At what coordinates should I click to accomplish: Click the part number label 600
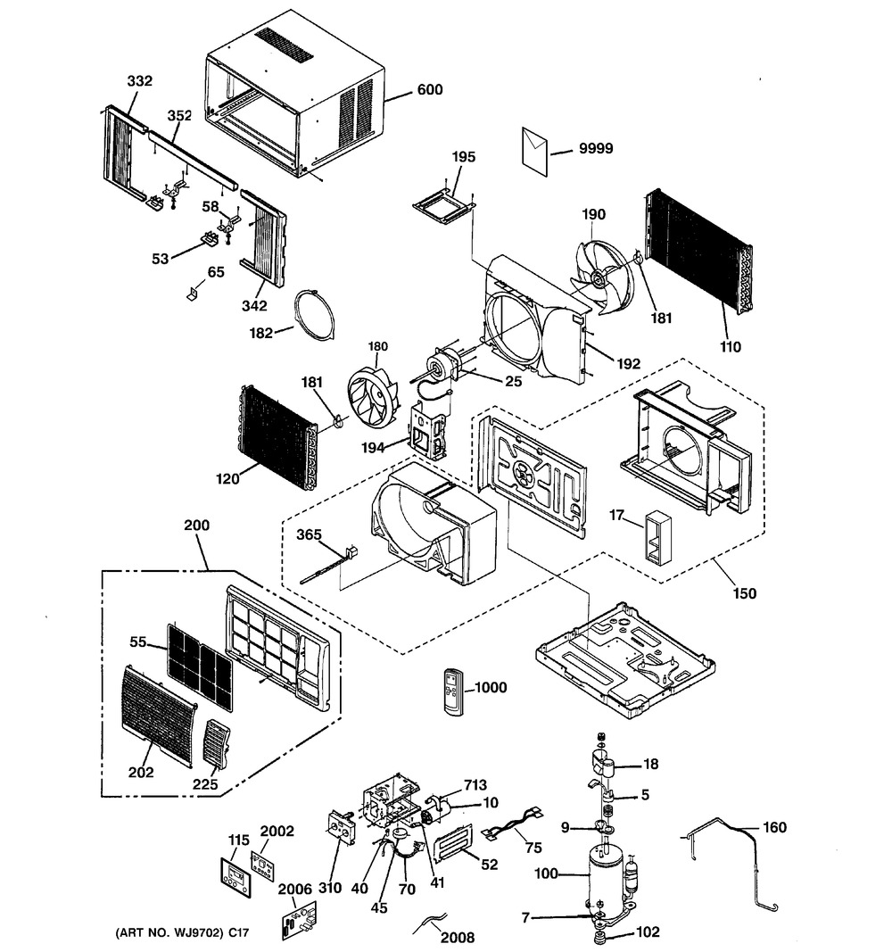click(x=430, y=90)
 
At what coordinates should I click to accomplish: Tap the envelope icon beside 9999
click(x=534, y=151)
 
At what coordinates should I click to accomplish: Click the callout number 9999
click(x=595, y=149)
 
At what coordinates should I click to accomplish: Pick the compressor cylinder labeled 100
click(x=606, y=879)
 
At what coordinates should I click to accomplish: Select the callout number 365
click(x=309, y=535)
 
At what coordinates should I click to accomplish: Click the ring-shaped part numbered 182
click(x=314, y=316)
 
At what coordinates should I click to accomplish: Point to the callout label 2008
click(x=458, y=938)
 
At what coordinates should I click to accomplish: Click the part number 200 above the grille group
click(x=196, y=526)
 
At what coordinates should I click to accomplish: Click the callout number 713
click(x=475, y=786)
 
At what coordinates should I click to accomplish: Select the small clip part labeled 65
click(x=194, y=294)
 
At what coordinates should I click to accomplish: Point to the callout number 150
click(x=745, y=593)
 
